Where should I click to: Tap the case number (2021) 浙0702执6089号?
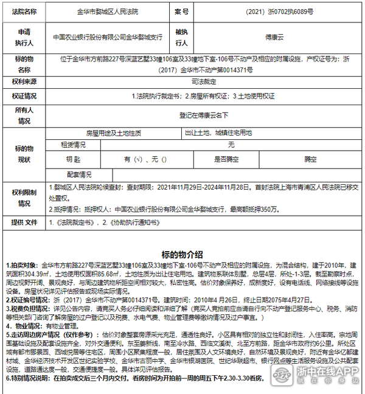(279, 12)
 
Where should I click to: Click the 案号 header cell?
(182, 12)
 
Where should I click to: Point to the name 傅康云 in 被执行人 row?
(274, 36)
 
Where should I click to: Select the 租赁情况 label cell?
(72, 145)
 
